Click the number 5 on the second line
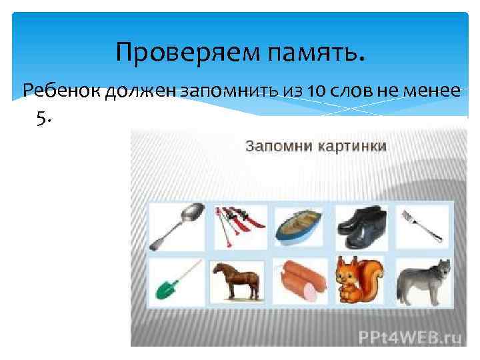coord(42,118)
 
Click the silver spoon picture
coord(173,225)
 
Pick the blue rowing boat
coord(299,225)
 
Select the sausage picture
coord(299,281)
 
